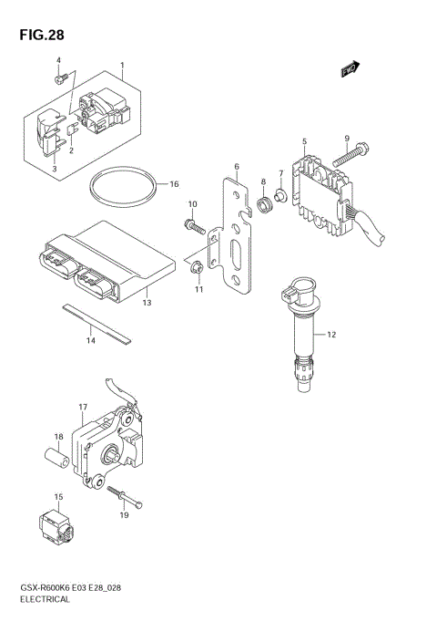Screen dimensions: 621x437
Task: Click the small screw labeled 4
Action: point(59,81)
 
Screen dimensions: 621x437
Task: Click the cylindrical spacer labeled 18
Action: point(54,458)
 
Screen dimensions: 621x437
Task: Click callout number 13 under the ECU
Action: point(146,302)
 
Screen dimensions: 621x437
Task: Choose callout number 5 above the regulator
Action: point(304,140)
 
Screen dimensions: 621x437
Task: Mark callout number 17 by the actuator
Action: point(82,406)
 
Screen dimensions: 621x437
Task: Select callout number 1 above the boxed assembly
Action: point(123,66)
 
